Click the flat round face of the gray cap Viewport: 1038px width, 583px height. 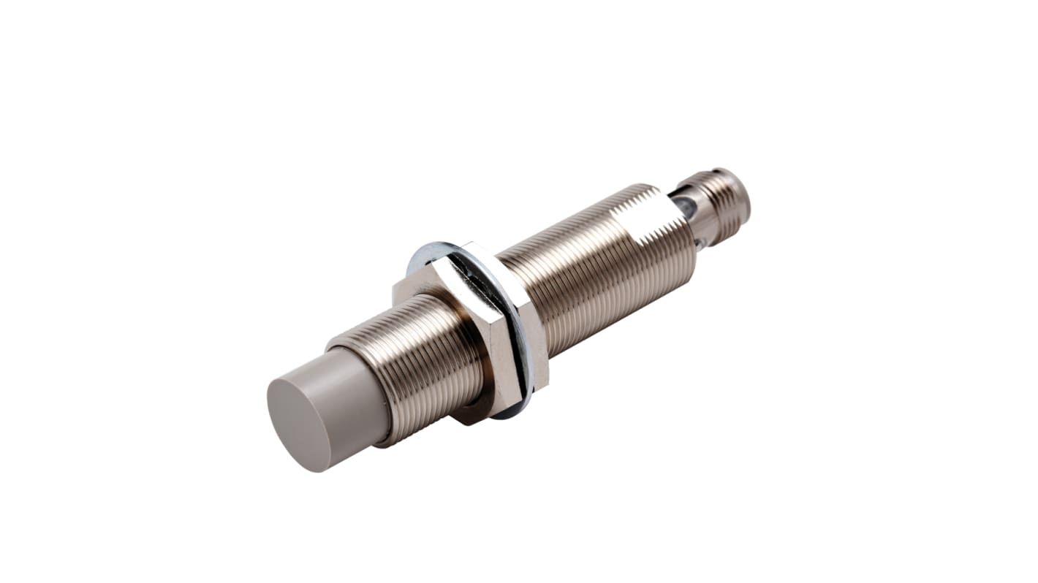(298, 424)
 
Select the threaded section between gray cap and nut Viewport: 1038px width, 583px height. (424, 365)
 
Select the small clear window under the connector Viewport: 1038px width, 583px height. (700, 245)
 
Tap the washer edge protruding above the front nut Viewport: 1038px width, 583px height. (428, 252)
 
